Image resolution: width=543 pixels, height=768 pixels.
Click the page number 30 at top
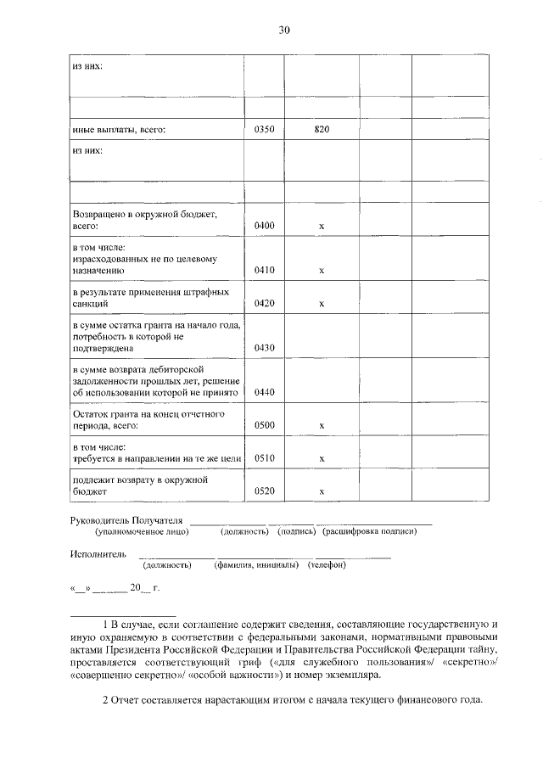[x=284, y=31]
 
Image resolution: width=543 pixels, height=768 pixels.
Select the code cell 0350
[x=265, y=130]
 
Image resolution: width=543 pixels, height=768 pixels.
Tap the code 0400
[x=265, y=227]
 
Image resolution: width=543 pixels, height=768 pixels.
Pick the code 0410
[x=265, y=270]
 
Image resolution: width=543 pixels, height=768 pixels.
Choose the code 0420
[x=265, y=303]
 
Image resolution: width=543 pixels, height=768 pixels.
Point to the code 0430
[x=265, y=347]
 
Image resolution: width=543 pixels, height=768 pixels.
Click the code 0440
[x=265, y=391]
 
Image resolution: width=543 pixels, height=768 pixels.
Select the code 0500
[x=265, y=424]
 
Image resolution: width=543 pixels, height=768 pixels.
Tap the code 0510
[x=265, y=458]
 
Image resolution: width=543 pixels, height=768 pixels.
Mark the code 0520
[x=265, y=491]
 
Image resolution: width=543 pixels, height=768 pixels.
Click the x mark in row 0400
[x=322, y=227]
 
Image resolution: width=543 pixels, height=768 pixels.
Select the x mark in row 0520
[x=322, y=492]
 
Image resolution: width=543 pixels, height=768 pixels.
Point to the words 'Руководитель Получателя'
[x=126, y=519]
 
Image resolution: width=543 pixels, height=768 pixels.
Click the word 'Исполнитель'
[x=98, y=553]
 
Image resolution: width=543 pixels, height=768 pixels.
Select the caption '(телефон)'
[x=327, y=564]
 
